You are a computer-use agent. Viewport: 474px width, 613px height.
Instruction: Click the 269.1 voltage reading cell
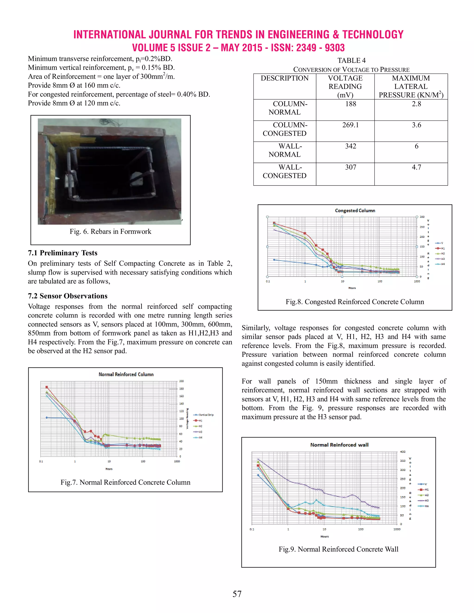click(x=350, y=125)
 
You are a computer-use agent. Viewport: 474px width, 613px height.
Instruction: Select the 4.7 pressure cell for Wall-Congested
click(x=416, y=167)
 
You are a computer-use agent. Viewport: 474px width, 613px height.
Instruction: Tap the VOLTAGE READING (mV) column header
click(x=345, y=87)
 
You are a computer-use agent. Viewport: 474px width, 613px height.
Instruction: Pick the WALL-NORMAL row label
click(x=285, y=150)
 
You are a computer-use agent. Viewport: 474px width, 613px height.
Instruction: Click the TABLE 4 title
click(x=351, y=61)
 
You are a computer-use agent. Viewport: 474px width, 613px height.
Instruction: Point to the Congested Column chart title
click(x=355, y=211)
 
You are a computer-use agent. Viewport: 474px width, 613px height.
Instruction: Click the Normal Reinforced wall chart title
click(x=339, y=445)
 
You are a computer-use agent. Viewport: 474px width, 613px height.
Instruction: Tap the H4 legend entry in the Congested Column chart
click(x=440, y=264)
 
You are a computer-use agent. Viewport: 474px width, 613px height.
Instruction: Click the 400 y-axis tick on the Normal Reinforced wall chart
click(x=403, y=452)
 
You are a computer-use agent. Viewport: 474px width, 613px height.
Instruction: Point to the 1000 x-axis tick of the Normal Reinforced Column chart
click(x=177, y=461)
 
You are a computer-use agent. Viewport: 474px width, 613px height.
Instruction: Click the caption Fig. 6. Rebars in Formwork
click(x=110, y=232)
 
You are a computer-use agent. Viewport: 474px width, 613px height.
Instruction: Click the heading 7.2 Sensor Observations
click(x=67, y=296)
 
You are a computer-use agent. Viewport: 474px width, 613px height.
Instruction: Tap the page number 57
click(x=237, y=594)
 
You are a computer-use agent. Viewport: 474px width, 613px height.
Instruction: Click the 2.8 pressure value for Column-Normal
click(x=416, y=104)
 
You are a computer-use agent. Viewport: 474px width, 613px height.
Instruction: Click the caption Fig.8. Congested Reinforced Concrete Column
click(x=355, y=302)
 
